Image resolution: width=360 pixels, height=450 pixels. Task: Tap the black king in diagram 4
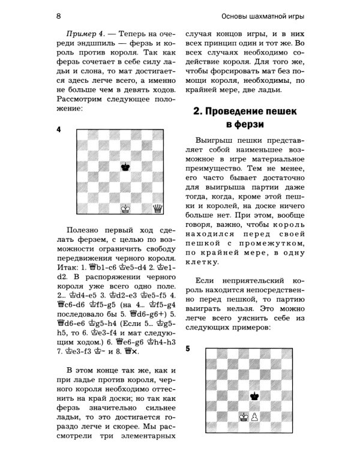(125, 166)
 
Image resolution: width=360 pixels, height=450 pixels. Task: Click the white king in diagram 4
(125, 208)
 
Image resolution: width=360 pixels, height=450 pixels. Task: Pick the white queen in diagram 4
(158, 208)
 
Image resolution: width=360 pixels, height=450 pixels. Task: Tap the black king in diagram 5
(254, 395)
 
